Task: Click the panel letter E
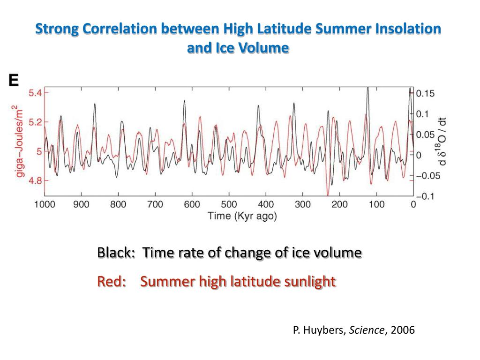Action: pos(14,80)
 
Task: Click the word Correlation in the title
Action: pos(120,29)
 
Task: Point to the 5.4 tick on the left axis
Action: pos(35,93)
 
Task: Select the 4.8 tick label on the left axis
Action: pos(35,180)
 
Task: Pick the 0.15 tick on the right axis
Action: pos(425,93)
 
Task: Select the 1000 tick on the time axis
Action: pos(45,204)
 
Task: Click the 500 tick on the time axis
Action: pos(229,204)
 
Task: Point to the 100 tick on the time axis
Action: pos(376,204)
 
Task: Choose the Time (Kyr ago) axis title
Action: pos(242,216)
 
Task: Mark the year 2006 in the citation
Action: pos(403,330)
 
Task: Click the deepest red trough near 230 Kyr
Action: pos(328,195)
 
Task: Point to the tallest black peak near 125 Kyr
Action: pos(367,89)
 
